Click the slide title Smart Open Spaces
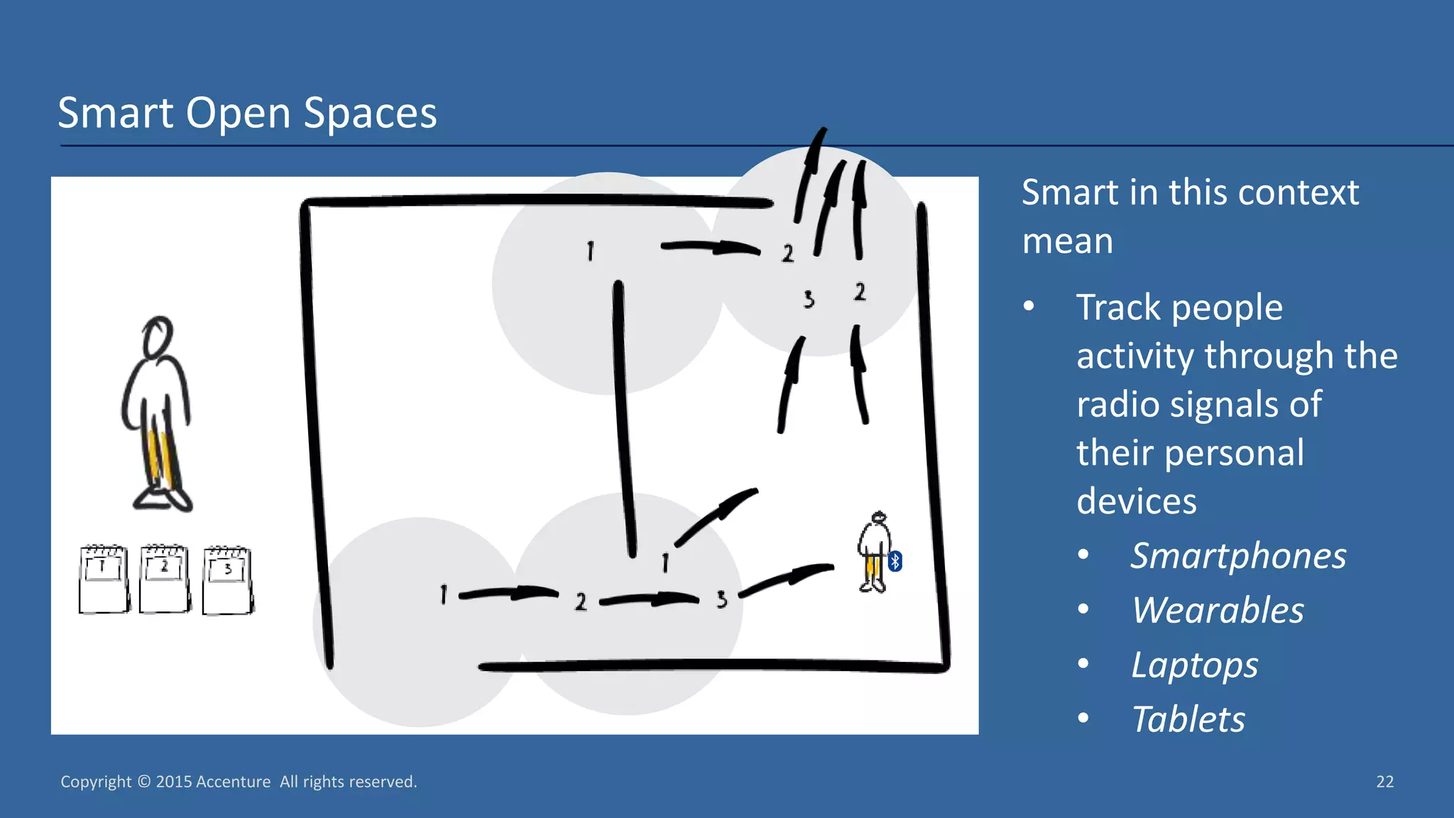click(x=247, y=113)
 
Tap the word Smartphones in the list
click(x=1238, y=556)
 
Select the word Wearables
click(x=1218, y=611)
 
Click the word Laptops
click(x=1194, y=665)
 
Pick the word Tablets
click(x=1188, y=719)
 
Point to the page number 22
click(x=1384, y=782)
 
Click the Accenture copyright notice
click(x=239, y=782)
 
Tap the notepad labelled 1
click(x=104, y=579)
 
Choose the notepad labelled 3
click(x=228, y=581)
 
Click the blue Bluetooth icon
click(x=895, y=562)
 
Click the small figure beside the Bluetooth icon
click(x=874, y=552)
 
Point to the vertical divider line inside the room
click(x=624, y=419)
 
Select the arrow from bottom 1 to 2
click(x=508, y=593)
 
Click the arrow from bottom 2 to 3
click(x=650, y=600)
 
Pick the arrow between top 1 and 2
click(x=710, y=248)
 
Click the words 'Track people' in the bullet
click(x=1179, y=307)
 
